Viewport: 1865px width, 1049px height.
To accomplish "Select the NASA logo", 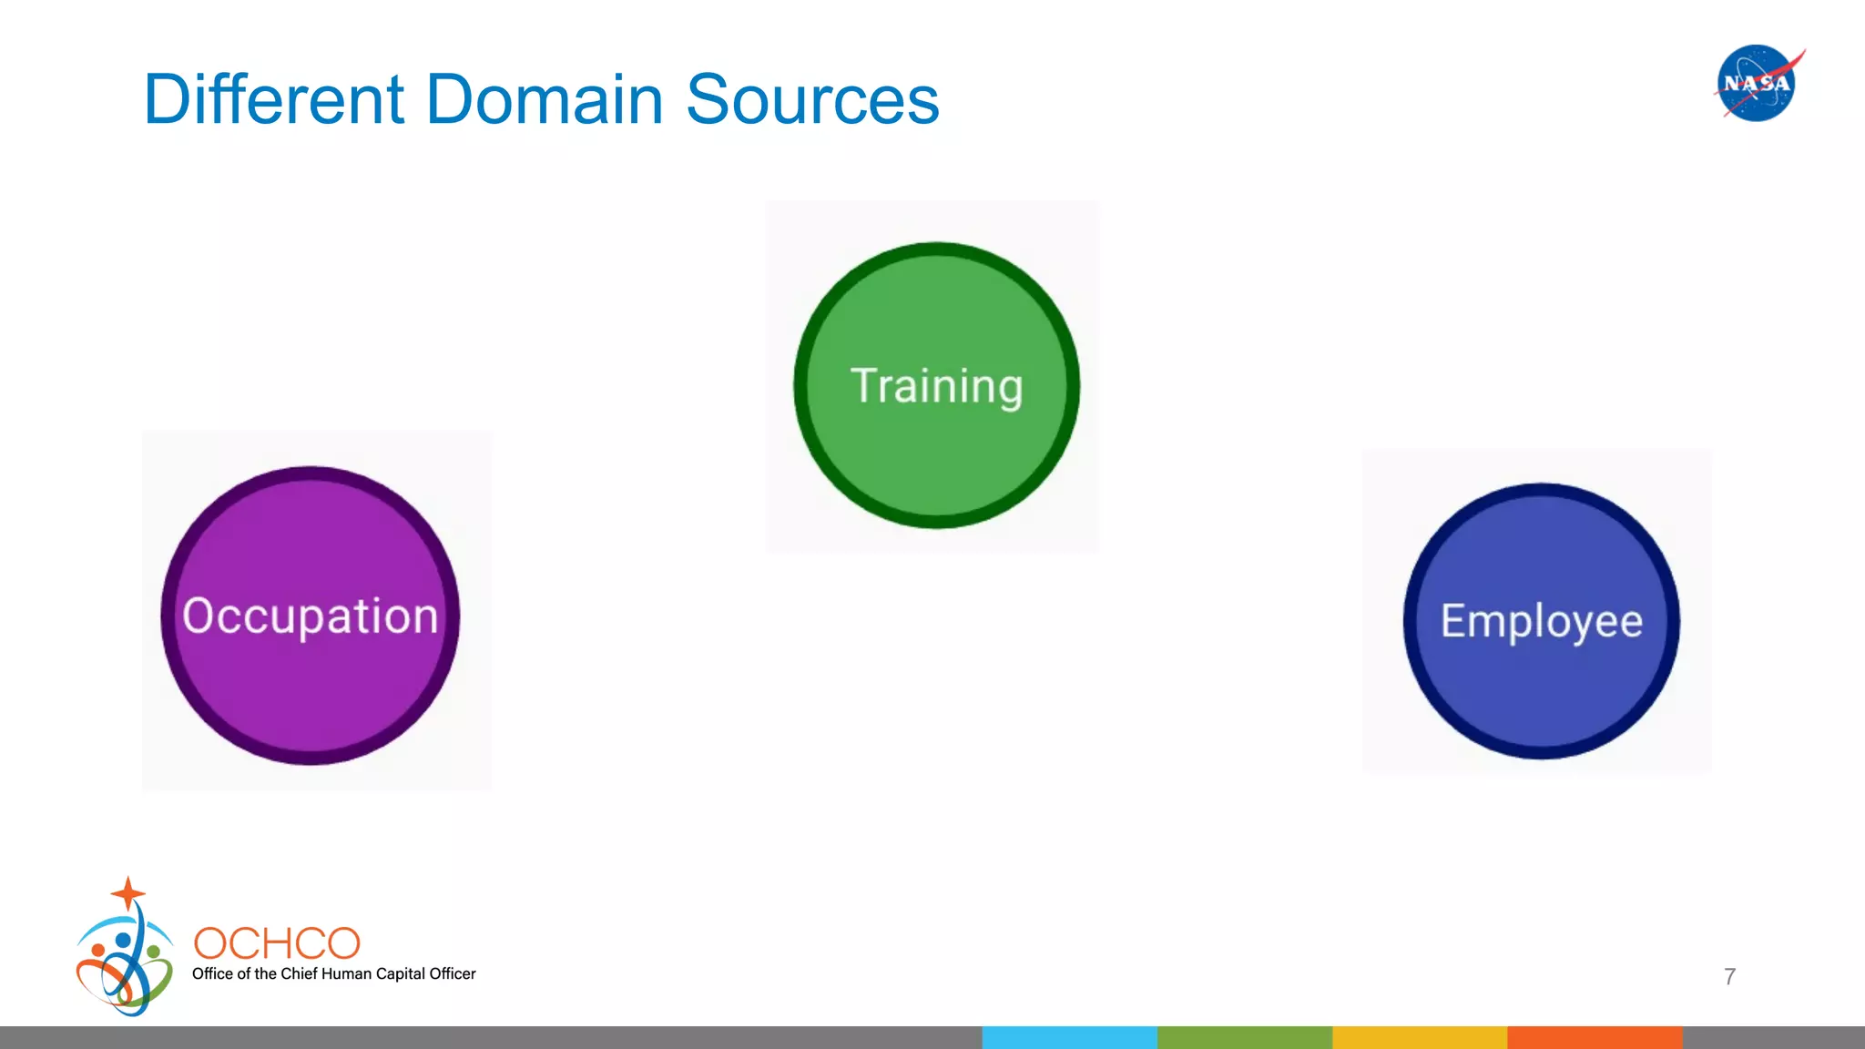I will pos(1757,83).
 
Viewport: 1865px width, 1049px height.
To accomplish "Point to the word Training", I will pos(936,386).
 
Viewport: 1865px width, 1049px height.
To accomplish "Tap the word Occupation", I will pos(310,616).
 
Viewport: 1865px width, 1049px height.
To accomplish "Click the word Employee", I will pos(1541,621).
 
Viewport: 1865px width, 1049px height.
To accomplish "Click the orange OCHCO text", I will pos(277,943).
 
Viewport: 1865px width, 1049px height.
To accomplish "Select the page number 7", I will pos(1729,976).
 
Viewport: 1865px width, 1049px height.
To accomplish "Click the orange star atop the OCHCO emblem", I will pos(128,892).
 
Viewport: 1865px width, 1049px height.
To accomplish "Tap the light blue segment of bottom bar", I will pos(1069,1037).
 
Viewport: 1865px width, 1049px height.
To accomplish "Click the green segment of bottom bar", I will pos(1244,1037).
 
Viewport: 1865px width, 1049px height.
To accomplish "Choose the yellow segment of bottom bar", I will pos(1419,1037).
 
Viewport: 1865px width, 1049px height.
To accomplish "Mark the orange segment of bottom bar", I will pos(1594,1037).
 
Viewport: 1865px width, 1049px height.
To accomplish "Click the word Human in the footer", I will pos(346,973).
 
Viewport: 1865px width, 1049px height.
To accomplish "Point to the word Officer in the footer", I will pos(452,973).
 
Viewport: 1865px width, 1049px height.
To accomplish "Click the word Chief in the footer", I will pos(299,973).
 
